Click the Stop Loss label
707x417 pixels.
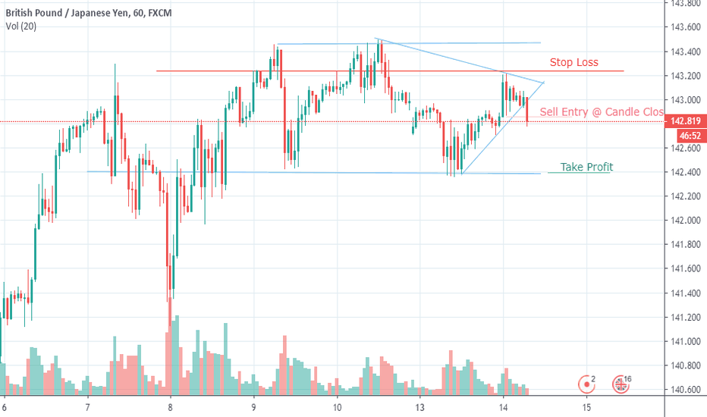[x=573, y=62]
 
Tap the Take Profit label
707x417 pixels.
[x=586, y=167]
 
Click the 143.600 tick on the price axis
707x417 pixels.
[x=685, y=27]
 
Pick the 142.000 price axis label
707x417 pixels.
[x=685, y=221]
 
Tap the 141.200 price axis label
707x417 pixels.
[x=685, y=317]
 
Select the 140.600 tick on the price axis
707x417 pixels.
[x=685, y=390]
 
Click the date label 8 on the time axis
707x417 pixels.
[x=171, y=406]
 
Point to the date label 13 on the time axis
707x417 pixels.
[x=419, y=406]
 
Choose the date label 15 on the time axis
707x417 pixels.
[x=586, y=406]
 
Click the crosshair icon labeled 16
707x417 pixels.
[x=622, y=383]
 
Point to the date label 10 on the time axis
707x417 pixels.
[x=337, y=406]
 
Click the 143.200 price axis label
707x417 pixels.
[x=685, y=76]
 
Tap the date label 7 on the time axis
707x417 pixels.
[x=87, y=406]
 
